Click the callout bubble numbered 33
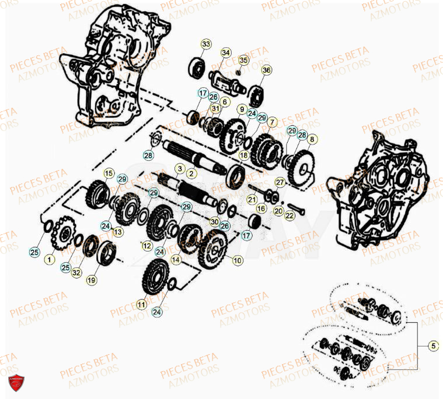pos(205,45)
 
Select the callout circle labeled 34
pos(226,53)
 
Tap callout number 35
pos(243,60)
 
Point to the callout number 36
pos(266,70)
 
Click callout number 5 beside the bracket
pos(432,346)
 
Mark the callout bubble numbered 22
pos(290,214)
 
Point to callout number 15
pos(108,173)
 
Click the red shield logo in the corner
pos(16,383)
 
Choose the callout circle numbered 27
pos(280,182)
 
